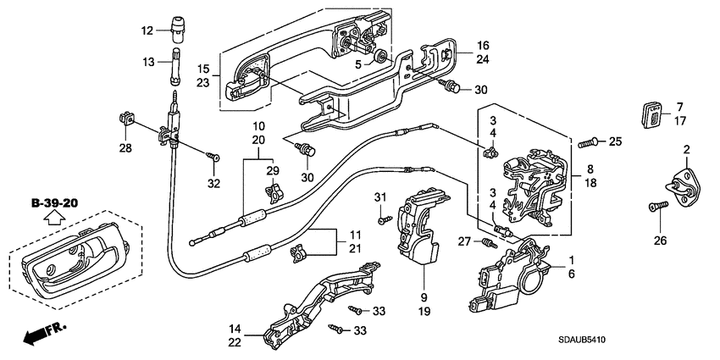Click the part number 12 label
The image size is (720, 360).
[x=147, y=31]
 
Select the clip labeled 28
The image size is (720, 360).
[x=128, y=120]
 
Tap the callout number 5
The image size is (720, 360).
[x=358, y=64]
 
